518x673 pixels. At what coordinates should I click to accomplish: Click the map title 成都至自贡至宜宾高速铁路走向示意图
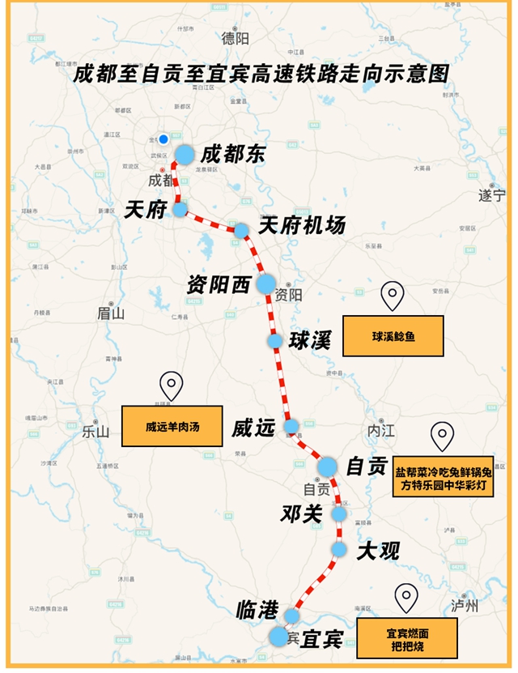pyautogui.click(x=260, y=73)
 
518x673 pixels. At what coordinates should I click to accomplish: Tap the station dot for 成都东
pyautogui.click(x=185, y=155)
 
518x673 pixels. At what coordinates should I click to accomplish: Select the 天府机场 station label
pyautogui.click(x=301, y=225)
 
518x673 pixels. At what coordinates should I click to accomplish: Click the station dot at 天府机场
pyautogui.click(x=241, y=231)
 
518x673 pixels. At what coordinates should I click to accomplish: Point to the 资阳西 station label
pyautogui.click(x=219, y=284)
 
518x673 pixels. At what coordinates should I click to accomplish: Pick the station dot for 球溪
pyautogui.click(x=275, y=341)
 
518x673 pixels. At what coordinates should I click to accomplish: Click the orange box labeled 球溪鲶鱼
pyautogui.click(x=393, y=336)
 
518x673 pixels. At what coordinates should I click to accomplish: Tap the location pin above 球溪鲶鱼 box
pyautogui.click(x=393, y=296)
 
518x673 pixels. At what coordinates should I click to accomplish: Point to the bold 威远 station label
pyautogui.click(x=253, y=428)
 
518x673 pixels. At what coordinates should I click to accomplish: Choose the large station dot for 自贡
pyautogui.click(x=327, y=466)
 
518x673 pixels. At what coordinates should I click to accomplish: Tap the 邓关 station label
pyautogui.click(x=302, y=513)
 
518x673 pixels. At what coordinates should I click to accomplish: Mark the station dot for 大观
pyautogui.click(x=339, y=549)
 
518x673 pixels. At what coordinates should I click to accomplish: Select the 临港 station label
pyautogui.click(x=257, y=611)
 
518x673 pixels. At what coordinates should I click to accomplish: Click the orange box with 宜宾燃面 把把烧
pyautogui.click(x=411, y=637)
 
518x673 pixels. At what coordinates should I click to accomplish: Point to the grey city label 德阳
pyautogui.click(x=236, y=37)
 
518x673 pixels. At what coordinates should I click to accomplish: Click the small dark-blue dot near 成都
pyautogui.click(x=163, y=138)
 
